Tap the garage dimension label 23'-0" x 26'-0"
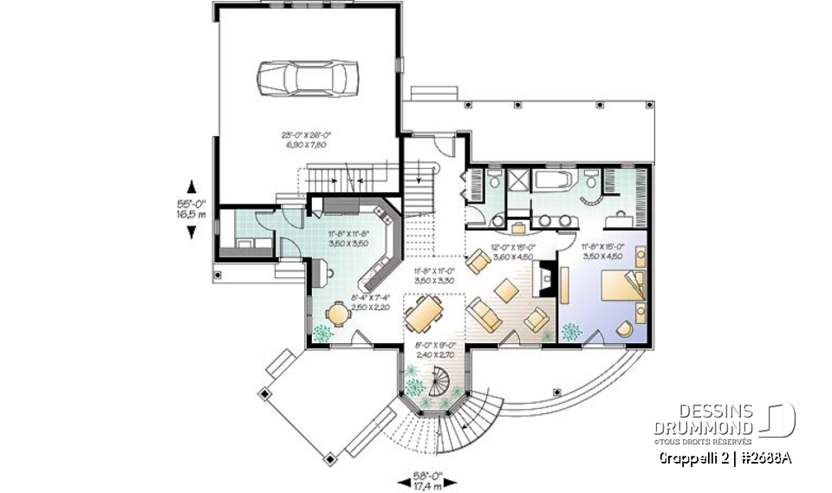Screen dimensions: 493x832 point(308,139)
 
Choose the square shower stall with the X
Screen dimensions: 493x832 point(518,180)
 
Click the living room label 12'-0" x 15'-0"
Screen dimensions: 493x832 point(510,251)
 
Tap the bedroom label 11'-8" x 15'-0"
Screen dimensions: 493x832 point(601,251)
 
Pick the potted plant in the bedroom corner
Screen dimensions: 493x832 point(570,331)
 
